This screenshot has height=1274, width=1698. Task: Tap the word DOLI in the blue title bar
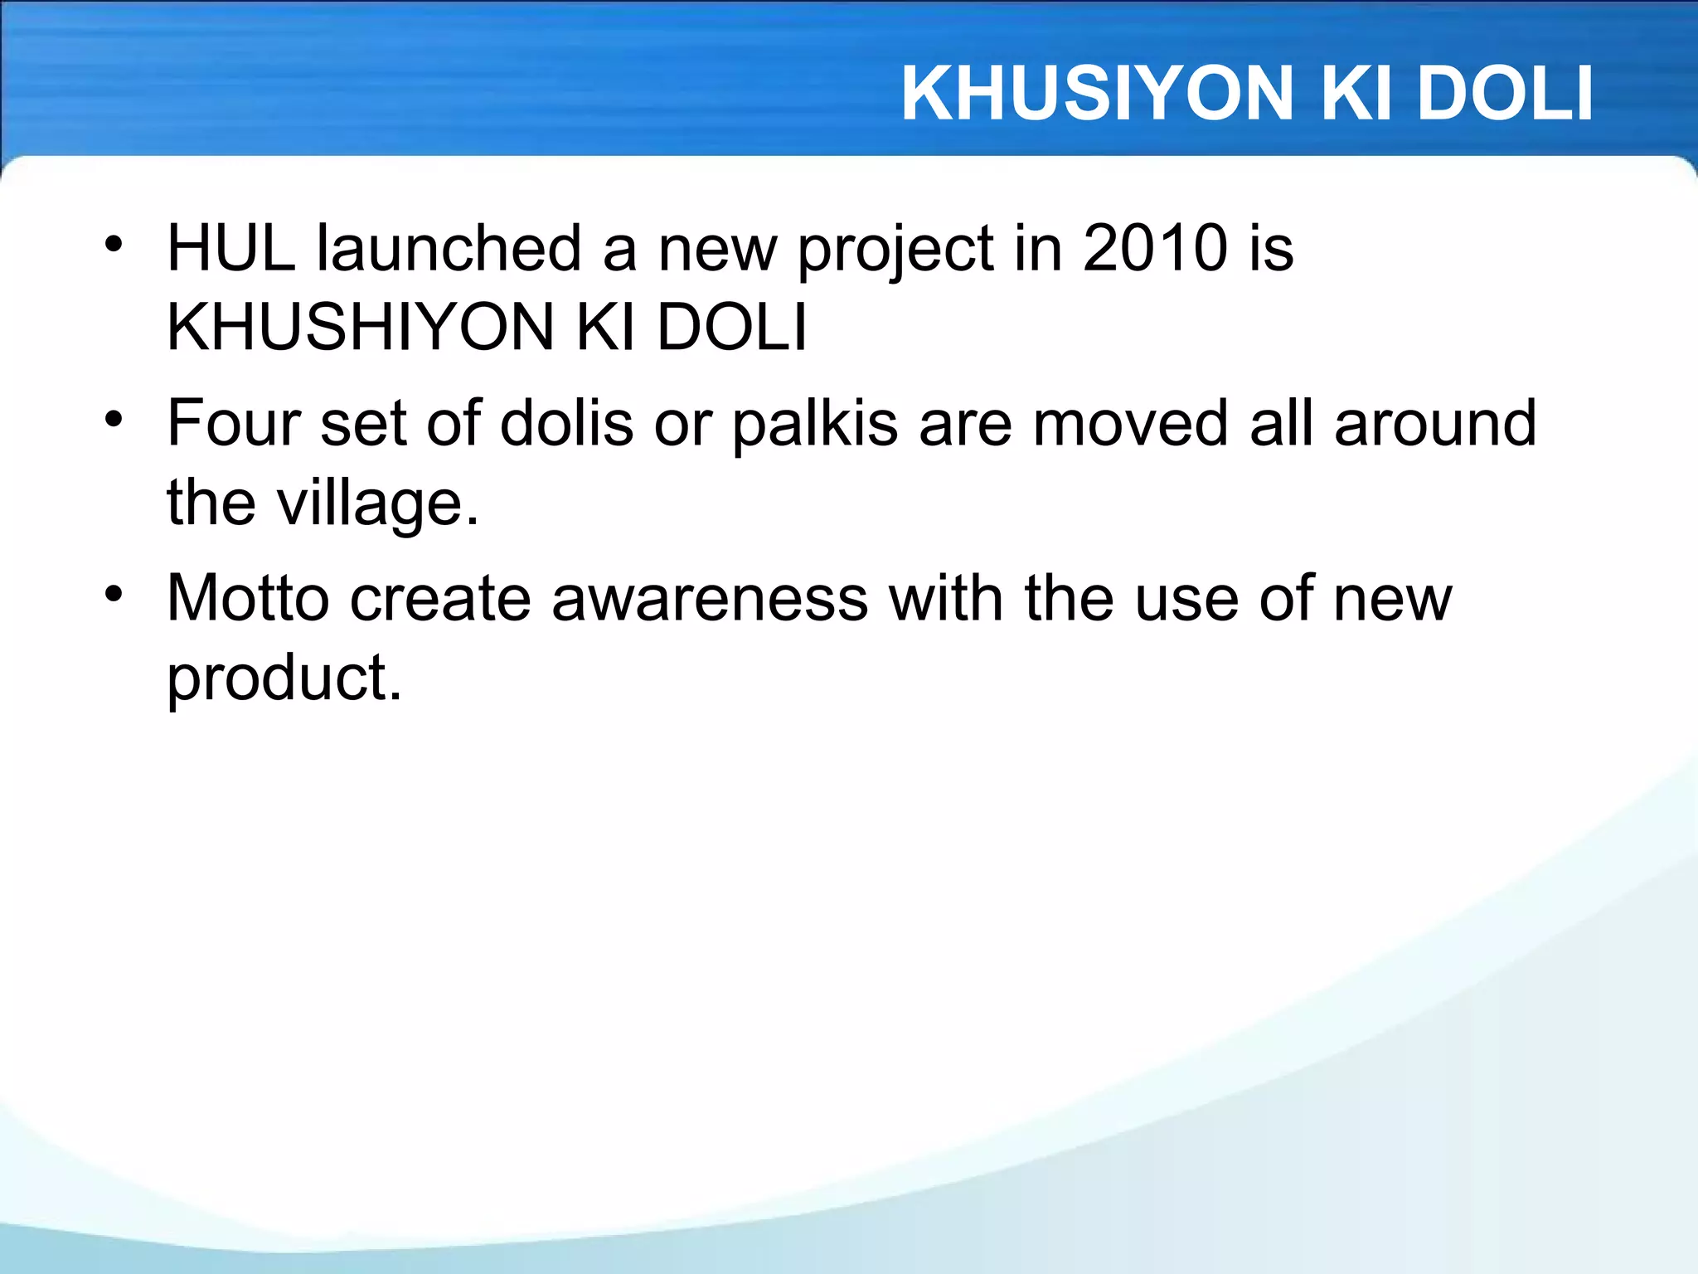[1504, 94]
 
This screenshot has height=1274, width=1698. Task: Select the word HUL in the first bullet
[231, 248]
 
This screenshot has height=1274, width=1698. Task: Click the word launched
[449, 248]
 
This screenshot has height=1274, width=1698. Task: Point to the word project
[895, 250]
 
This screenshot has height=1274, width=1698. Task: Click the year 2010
[1155, 248]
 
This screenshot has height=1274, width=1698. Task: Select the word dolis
[567, 423]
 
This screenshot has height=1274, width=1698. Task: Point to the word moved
[1130, 423]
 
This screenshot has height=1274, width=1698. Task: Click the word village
[377, 503]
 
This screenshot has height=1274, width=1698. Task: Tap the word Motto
[248, 598]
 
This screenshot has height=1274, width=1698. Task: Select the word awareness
[710, 598]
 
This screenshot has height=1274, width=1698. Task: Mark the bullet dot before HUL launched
[114, 245]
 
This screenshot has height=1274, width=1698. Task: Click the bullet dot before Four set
[114, 420]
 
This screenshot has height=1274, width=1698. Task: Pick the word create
[440, 598]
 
